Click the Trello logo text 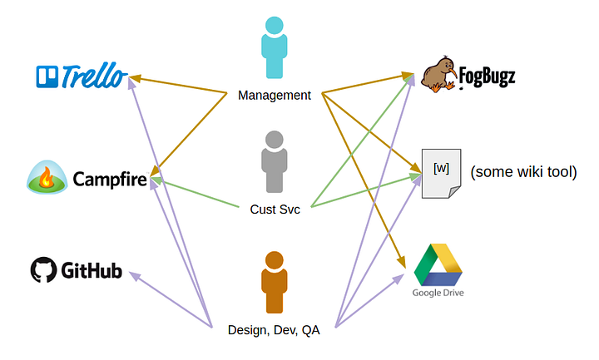coord(94,76)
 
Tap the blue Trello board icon coord(47,76)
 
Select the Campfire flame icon coord(47,177)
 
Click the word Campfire coord(110,179)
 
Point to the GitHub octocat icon coord(43,269)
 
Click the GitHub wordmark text coord(92,270)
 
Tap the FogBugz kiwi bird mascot coord(439,75)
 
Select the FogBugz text coord(487,76)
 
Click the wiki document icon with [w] coord(441,174)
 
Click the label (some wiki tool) coord(523,172)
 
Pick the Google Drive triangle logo coord(438,264)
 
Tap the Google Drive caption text coord(438,293)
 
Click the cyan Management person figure coord(275,47)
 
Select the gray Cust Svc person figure coord(275,162)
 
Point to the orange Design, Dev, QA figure coord(275,283)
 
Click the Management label coord(275,95)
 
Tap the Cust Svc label coord(275,210)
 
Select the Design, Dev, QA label coord(274,330)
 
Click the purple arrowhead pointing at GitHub coord(135,275)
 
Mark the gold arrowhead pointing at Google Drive coord(401,262)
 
